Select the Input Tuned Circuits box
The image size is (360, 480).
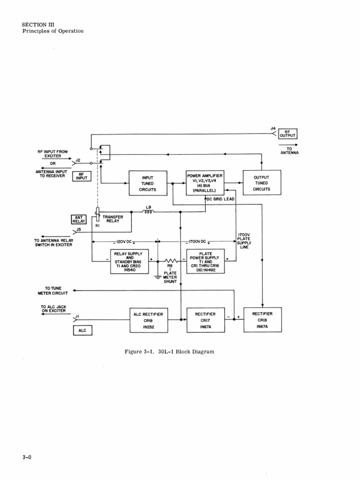pos(148,184)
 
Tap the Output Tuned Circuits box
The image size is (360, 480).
pos(262,183)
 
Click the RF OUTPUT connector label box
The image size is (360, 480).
pos(288,134)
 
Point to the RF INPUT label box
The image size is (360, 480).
pos(81,176)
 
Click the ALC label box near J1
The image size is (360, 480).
pos(82,330)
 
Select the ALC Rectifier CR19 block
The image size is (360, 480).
pos(149,321)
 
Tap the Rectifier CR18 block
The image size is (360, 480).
pos(262,320)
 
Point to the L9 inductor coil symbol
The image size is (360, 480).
pos(148,212)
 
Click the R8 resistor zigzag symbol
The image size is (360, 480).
pos(171,261)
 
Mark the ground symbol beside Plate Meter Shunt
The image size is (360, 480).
pos(158,277)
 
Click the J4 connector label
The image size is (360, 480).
pos(273,127)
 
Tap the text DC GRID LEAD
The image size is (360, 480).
pos(221,199)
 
